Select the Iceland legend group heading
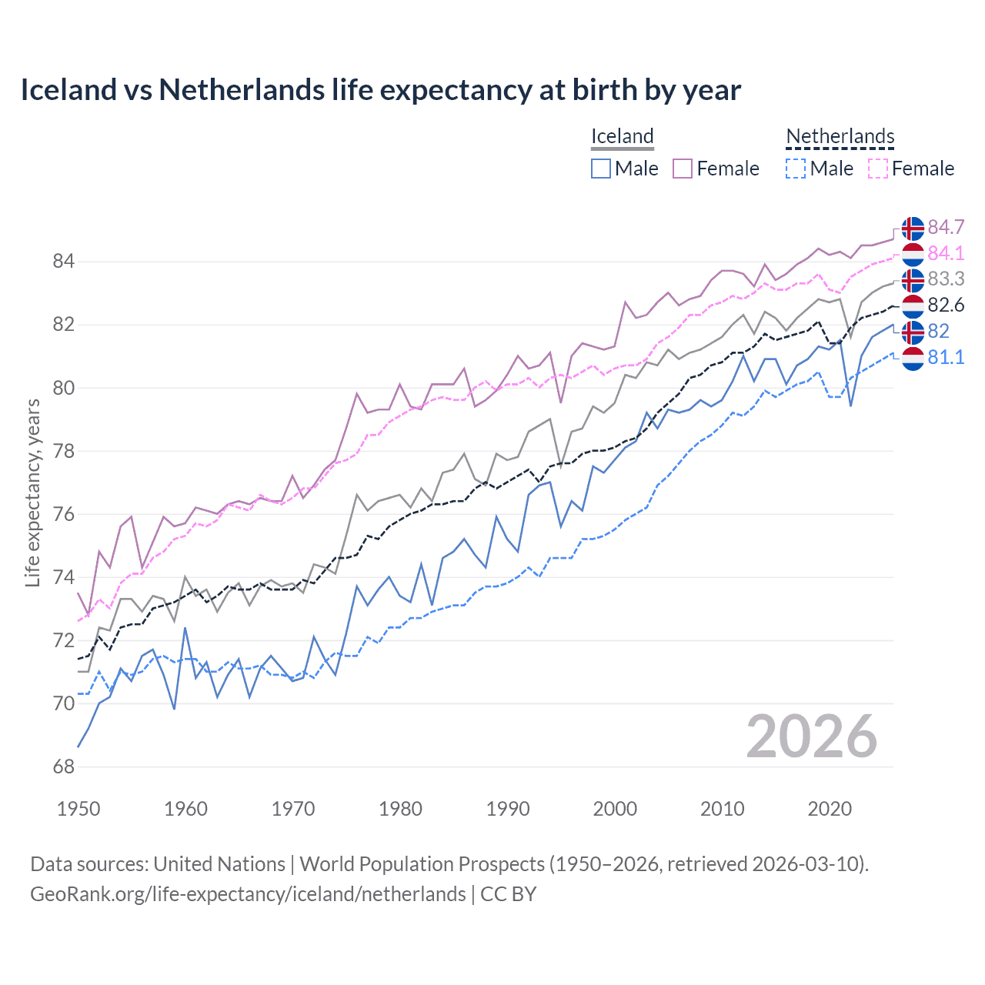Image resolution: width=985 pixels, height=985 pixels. pos(622,137)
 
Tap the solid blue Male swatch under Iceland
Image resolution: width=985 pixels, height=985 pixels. pos(601,169)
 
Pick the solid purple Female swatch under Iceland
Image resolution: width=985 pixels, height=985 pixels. pos(683,169)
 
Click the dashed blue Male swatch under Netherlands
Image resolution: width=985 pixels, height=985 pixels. pos(796,169)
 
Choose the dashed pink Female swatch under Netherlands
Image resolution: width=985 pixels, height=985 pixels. pos(878,169)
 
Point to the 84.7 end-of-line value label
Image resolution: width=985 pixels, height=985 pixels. pos(946,227)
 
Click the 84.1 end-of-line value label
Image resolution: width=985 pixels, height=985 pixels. pos(946,253)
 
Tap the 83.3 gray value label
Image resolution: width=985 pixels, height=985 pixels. pos(946,279)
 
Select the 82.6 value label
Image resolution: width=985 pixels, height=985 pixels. pos(946,305)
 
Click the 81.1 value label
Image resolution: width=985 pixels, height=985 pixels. pos(946,357)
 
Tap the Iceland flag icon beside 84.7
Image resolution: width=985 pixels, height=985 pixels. pos(913,228)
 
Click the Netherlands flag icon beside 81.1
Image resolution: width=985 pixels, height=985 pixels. pos(913,358)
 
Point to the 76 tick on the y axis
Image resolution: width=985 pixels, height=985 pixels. pos(64,514)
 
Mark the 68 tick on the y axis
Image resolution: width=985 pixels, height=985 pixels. pos(64,767)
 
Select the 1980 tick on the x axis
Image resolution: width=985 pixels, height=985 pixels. pos(400,809)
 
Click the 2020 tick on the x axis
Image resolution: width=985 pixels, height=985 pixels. pos(830,809)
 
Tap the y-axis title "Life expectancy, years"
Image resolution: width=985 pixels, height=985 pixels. pos(32,492)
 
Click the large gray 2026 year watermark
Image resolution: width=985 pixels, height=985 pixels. pos(812,737)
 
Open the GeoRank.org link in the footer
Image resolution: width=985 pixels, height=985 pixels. pos(248,894)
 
